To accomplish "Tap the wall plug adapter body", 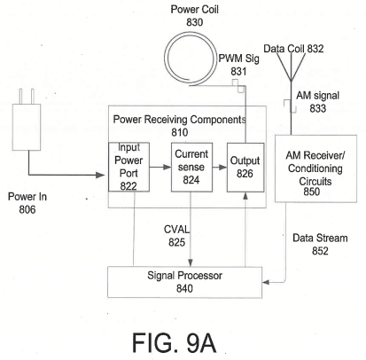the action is point(27,127).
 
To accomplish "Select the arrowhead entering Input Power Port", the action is point(100,175).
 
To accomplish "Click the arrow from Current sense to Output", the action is point(220,168).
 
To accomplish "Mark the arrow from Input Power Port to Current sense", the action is point(160,168).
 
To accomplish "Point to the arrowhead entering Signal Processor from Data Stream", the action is point(265,282).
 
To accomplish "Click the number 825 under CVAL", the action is point(176,242).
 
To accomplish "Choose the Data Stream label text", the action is point(320,238).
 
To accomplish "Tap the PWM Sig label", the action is point(238,59).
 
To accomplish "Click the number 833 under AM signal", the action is point(318,108).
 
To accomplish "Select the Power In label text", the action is point(27,197).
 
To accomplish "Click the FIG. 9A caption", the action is point(174,342).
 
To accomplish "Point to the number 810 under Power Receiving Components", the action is point(180,132).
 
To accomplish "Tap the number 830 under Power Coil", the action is point(195,22).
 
